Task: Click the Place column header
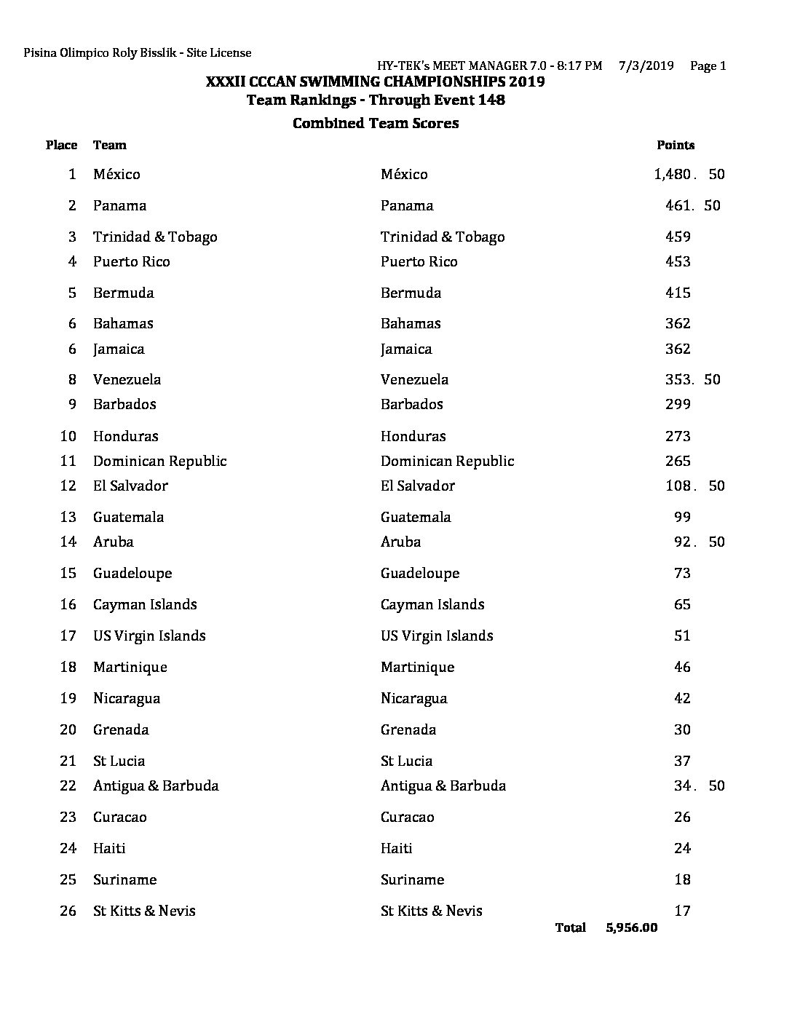click(x=61, y=145)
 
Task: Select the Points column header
click(x=676, y=145)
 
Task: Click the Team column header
click(x=110, y=145)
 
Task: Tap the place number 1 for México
click(x=71, y=174)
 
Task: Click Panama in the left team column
click(x=119, y=205)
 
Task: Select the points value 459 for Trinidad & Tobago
click(x=678, y=237)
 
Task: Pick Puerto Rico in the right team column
click(x=419, y=261)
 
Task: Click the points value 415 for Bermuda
click(x=678, y=293)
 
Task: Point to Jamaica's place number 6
click(x=71, y=349)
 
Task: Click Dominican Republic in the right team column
click(x=447, y=461)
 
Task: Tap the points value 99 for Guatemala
click(x=682, y=517)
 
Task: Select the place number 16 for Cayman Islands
click(x=68, y=604)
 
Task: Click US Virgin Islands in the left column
click(x=149, y=636)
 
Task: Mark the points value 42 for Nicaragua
click(x=682, y=698)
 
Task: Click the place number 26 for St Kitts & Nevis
click(x=68, y=911)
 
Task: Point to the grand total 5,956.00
click(x=631, y=927)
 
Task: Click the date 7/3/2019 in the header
click(x=646, y=66)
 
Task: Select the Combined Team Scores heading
click(x=376, y=123)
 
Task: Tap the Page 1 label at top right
click(x=708, y=66)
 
